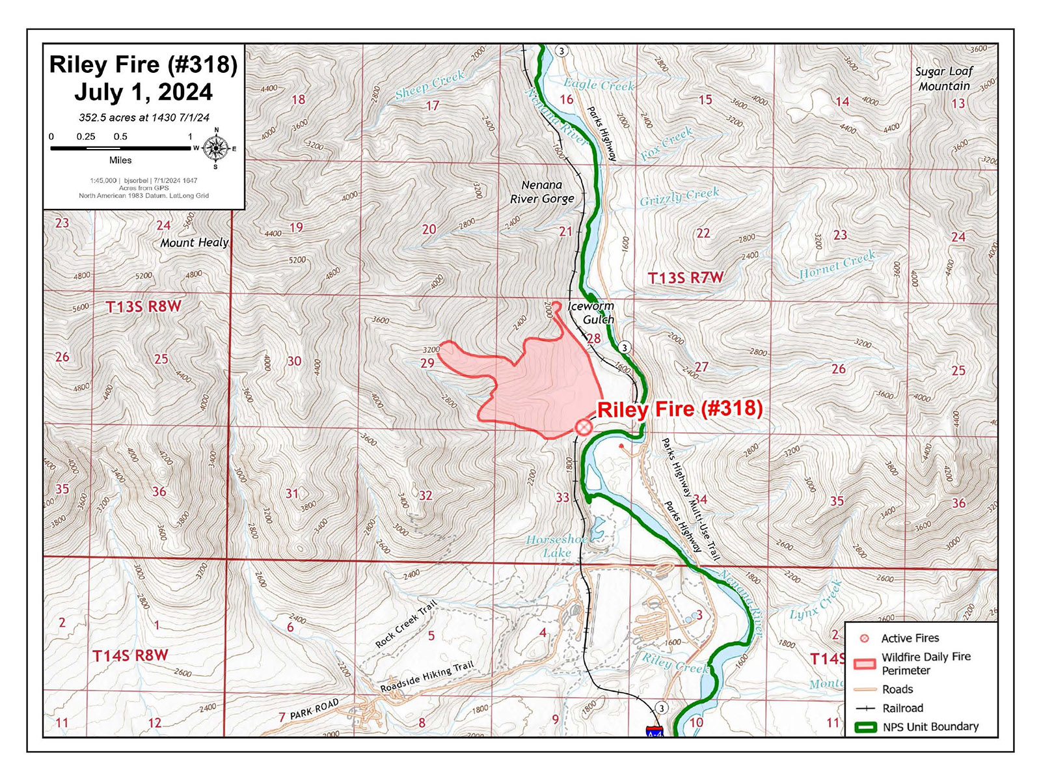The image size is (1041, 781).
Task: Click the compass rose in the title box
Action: [x=215, y=148]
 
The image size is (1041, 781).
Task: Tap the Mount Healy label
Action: [x=195, y=242]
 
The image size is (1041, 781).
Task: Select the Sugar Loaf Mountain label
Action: [x=943, y=79]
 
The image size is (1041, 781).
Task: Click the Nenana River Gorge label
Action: [x=542, y=192]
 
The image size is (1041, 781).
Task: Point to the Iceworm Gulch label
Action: [x=591, y=312]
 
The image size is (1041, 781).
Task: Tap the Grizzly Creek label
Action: [x=679, y=197]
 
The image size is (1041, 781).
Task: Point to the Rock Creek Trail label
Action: [x=405, y=625]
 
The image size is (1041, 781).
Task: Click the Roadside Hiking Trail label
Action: [x=427, y=677]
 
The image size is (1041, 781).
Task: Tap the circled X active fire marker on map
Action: [x=583, y=427]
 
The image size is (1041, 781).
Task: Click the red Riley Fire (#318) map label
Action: [x=679, y=409]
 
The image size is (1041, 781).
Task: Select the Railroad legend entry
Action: [x=902, y=708]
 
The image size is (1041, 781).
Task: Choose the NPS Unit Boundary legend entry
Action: [x=930, y=727]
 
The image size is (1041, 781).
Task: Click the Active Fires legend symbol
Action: [x=865, y=638]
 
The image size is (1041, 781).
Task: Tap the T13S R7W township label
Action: [x=685, y=278]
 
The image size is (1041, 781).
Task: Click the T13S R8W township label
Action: [x=143, y=307]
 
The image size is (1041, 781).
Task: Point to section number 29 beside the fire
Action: [x=427, y=363]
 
